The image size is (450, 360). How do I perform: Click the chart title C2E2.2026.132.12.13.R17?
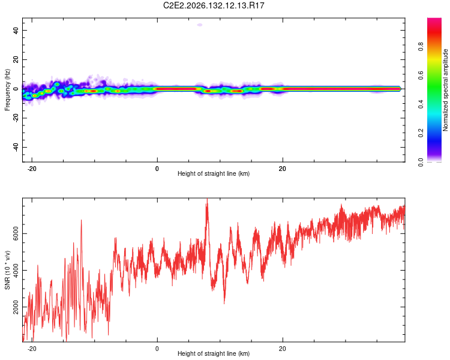pos(214,5)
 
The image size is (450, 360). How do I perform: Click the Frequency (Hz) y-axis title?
pos(7,89)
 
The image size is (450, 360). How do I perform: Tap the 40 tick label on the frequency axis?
pos(16,30)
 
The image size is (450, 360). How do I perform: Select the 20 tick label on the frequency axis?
pos(16,59)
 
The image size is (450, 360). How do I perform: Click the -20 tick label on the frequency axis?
pos(16,119)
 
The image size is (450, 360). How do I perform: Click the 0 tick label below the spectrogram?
pos(157,169)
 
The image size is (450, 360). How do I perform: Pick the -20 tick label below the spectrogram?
pos(32,169)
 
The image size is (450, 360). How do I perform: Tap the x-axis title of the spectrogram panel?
pos(214,173)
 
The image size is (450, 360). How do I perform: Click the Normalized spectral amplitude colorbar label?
pos(445,90)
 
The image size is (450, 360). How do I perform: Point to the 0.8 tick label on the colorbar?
pos(421,47)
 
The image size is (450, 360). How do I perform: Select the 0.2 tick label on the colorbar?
pos(421,133)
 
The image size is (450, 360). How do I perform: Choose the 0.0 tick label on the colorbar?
pos(421,162)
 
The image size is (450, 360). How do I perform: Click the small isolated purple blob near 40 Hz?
pos(200,25)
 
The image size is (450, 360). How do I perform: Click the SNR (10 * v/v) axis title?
pos(7,270)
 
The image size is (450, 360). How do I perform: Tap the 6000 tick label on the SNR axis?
pos(16,233)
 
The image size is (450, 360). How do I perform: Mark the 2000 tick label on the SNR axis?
pos(16,307)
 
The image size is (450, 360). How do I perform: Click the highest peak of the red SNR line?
pos(207,199)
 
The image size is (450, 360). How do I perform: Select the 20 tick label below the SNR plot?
pos(283,349)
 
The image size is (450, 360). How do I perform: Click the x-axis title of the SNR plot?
pos(214,353)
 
